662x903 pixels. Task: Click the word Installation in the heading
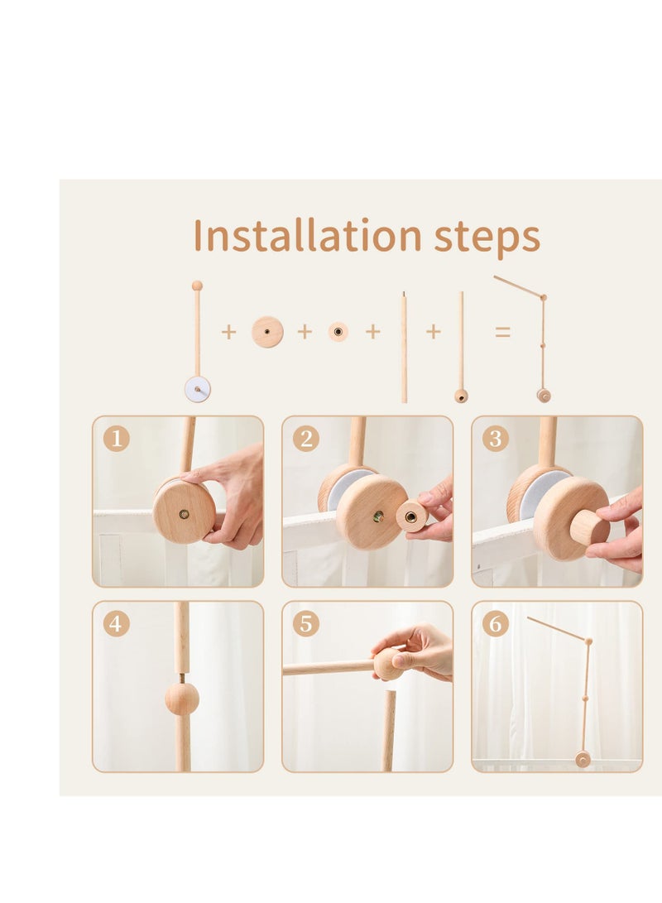307,235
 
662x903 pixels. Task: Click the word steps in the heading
487,238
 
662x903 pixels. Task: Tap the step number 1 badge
117,439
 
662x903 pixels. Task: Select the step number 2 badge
306,439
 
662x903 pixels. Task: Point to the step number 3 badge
496,439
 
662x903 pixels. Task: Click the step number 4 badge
117,624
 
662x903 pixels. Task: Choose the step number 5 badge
306,624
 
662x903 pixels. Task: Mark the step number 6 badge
496,624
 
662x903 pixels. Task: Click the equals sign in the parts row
502,332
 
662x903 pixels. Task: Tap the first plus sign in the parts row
228,332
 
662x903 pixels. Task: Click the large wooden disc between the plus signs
267,332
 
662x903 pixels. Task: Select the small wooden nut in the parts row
338,332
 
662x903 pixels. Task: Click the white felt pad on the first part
197,389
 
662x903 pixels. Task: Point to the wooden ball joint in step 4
182,698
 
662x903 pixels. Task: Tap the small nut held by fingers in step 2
411,516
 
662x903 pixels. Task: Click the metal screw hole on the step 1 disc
184,514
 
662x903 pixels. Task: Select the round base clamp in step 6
583,760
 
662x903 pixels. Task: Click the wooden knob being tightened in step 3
589,527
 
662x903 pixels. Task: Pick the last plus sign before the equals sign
434,331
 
